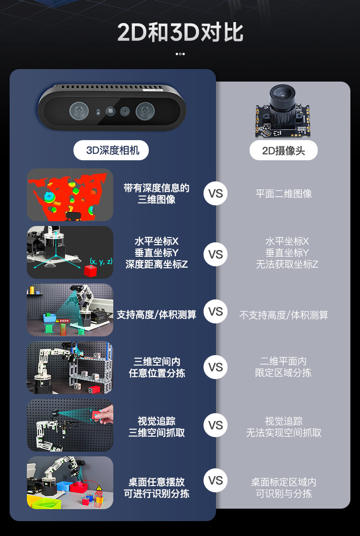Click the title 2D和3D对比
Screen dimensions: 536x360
click(x=180, y=33)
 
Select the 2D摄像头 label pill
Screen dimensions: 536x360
click(x=283, y=151)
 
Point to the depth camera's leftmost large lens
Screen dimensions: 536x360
click(x=79, y=111)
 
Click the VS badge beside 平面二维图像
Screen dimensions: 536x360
click(x=216, y=193)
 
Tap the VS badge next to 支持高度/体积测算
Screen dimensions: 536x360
click(x=216, y=312)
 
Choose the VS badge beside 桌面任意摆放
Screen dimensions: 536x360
click(x=216, y=480)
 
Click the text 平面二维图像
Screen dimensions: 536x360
click(x=284, y=193)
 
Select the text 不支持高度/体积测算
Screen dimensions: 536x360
click(x=284, y=315)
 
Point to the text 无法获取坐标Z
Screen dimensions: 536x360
click(x=287, y=264)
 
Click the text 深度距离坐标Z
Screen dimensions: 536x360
click(x=156, y=264)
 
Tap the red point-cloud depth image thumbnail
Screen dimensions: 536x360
click(x=70, y=194)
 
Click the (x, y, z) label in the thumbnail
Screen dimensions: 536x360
click(x=101, y=262)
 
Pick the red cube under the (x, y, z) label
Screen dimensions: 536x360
click(x=90, y=271)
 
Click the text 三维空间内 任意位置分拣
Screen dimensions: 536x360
click(x=156, y=367)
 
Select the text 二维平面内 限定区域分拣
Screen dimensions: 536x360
click(x=283, y=367)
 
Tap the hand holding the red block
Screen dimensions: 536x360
click(x=106, y=415)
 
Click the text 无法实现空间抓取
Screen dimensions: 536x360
click(x=284, y=432)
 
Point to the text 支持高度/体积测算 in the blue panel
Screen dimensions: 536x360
click(x=156, y=315)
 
